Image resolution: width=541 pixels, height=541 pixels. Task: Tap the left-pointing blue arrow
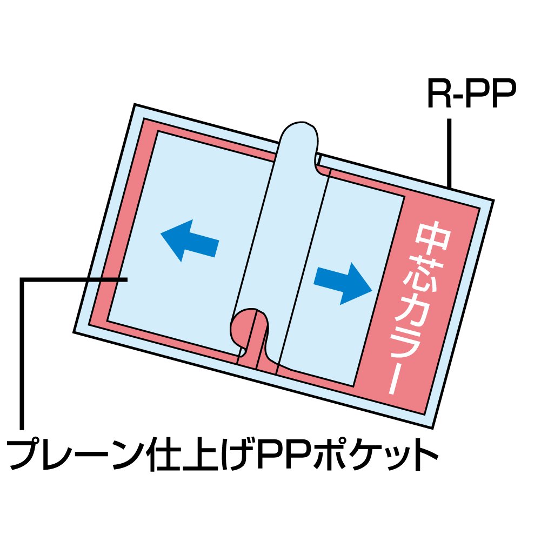(189, 241)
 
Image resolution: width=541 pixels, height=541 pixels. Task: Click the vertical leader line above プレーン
(22, 351)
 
